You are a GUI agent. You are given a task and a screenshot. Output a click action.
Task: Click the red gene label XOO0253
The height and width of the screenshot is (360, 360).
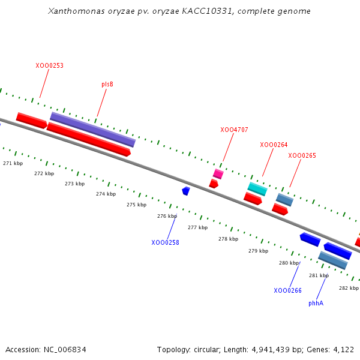tap(49, 65)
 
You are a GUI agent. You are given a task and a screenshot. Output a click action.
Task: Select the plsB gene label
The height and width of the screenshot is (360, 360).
tap(107, 84)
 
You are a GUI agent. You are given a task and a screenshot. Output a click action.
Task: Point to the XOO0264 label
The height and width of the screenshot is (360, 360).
tap(274, 145)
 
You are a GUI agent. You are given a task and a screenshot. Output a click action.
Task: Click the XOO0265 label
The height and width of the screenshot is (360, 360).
tap(302, 155)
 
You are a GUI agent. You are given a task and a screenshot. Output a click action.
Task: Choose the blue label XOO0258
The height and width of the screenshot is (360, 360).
tap(165, 242)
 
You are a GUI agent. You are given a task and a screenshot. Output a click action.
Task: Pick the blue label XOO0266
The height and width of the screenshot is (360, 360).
tap(287, 290)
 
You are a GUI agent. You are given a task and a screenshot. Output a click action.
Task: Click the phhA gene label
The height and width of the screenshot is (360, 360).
tap(316, 303)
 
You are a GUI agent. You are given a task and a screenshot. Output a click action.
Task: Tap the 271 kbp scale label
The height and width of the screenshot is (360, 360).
tap(13, 163)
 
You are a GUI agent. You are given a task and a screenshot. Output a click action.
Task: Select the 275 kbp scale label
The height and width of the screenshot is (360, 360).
tap(136, 205)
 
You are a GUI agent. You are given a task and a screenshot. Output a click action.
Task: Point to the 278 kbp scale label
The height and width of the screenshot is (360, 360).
tap(228, 239)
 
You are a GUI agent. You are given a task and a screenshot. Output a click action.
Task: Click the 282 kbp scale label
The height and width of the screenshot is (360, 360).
tap(349, 288)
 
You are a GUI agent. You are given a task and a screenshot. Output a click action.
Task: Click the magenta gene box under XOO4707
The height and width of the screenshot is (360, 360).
tap(218, 174)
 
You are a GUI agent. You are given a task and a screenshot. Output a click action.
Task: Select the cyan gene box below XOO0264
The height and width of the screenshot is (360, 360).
tap(257, 189)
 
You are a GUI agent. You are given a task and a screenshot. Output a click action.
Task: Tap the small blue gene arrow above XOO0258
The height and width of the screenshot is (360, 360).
tap(186, 191)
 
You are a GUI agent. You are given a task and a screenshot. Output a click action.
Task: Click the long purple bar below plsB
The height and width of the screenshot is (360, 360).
tap(92, 129)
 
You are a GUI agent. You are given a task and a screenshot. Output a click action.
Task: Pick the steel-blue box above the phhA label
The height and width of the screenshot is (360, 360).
tap(333, 260)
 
